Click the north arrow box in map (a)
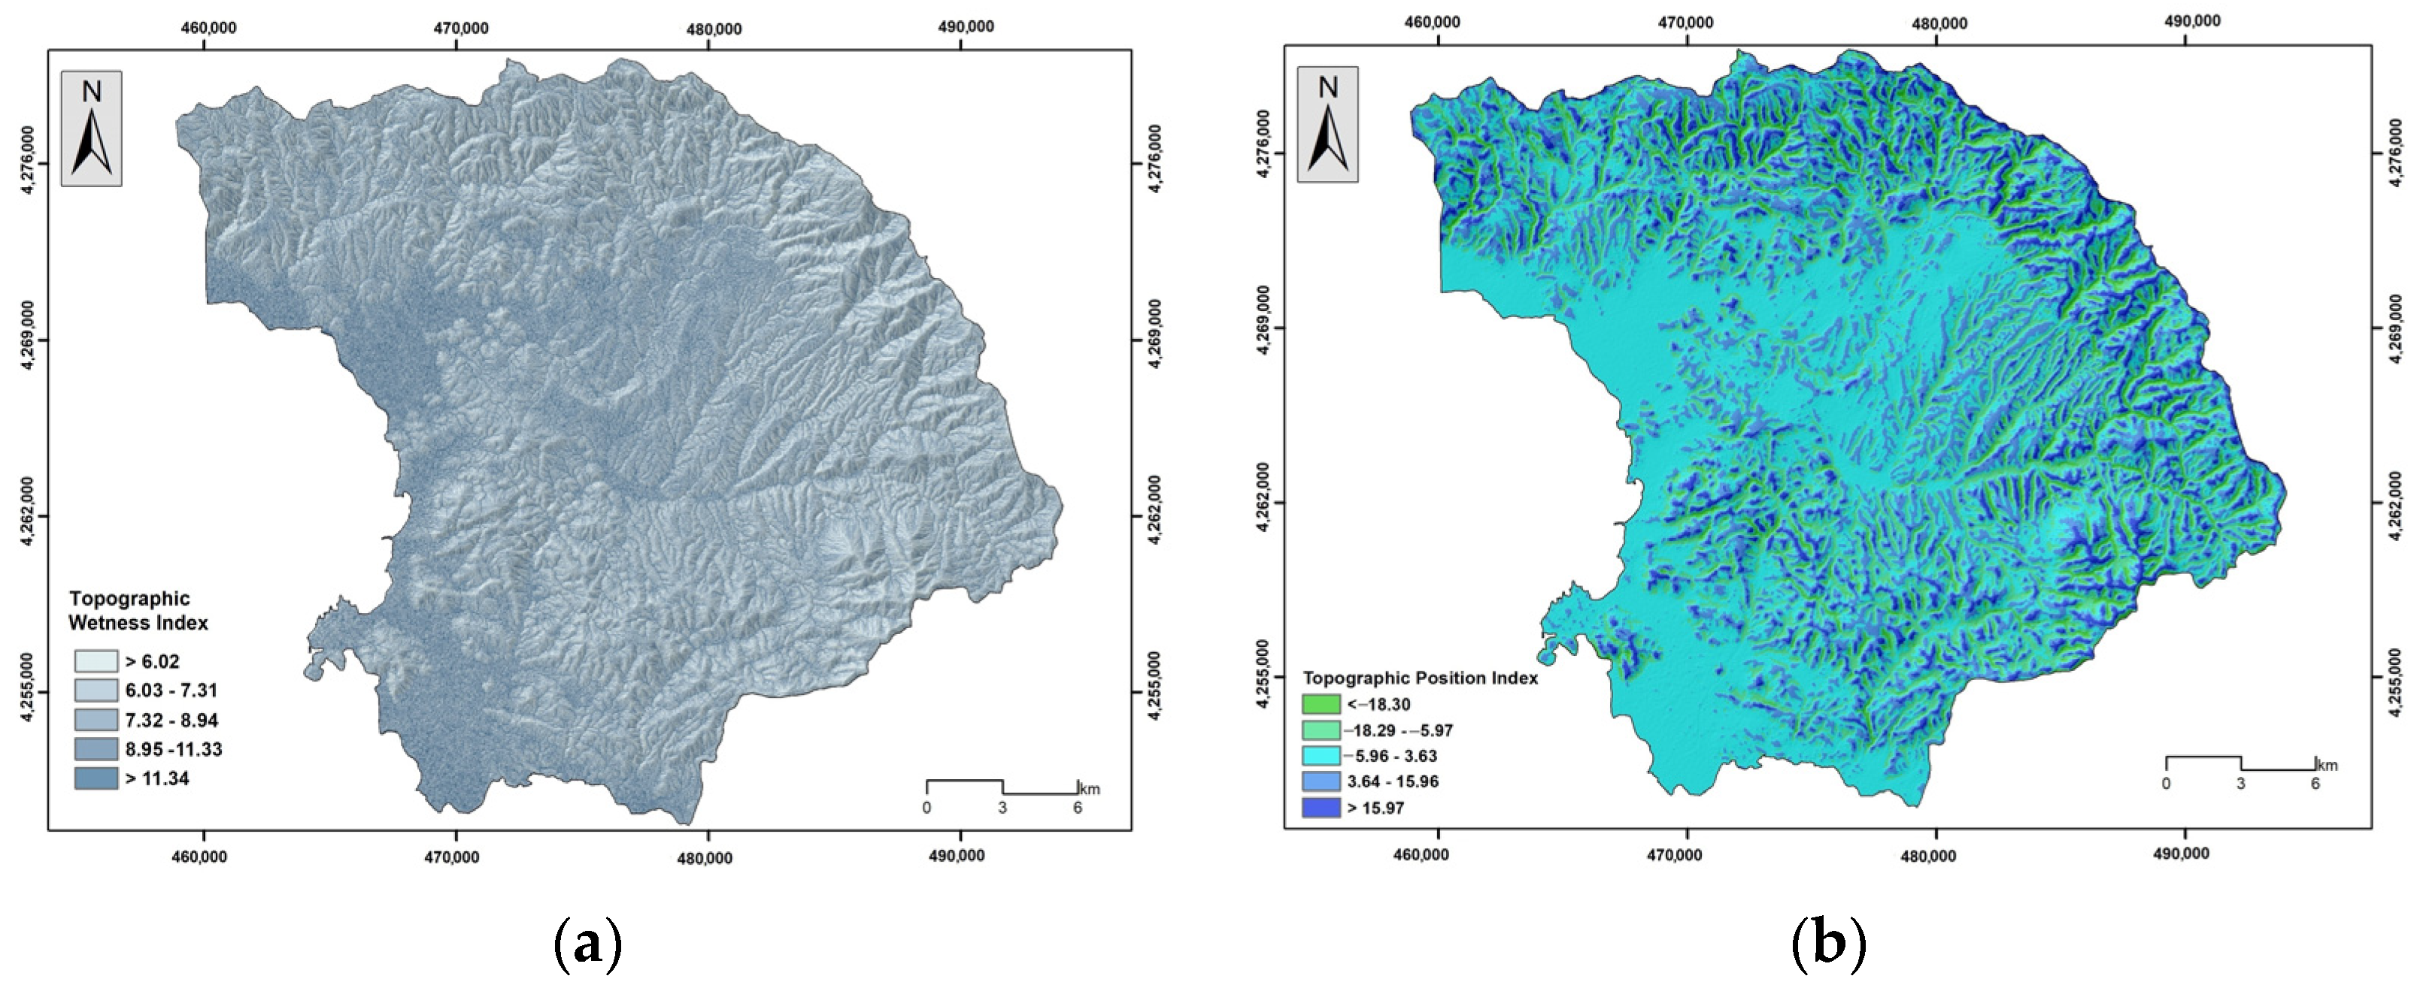click(x=91, y=128)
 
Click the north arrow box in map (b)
click(x=1327, y=124)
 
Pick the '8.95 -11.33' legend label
click(x=173, y=749)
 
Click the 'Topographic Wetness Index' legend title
click(x=138, y=610)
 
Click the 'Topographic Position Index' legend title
click(x=1420, y=678)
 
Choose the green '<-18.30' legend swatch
click(x=1320, y=704)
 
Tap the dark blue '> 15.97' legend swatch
click(x=1320, y=808)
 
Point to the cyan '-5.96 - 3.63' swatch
click(x=1320, y=756)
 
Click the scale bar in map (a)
click(x=1002, y=787)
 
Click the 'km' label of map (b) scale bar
click(x=2326, y=766)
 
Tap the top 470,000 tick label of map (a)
click(x=459, y=28)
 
